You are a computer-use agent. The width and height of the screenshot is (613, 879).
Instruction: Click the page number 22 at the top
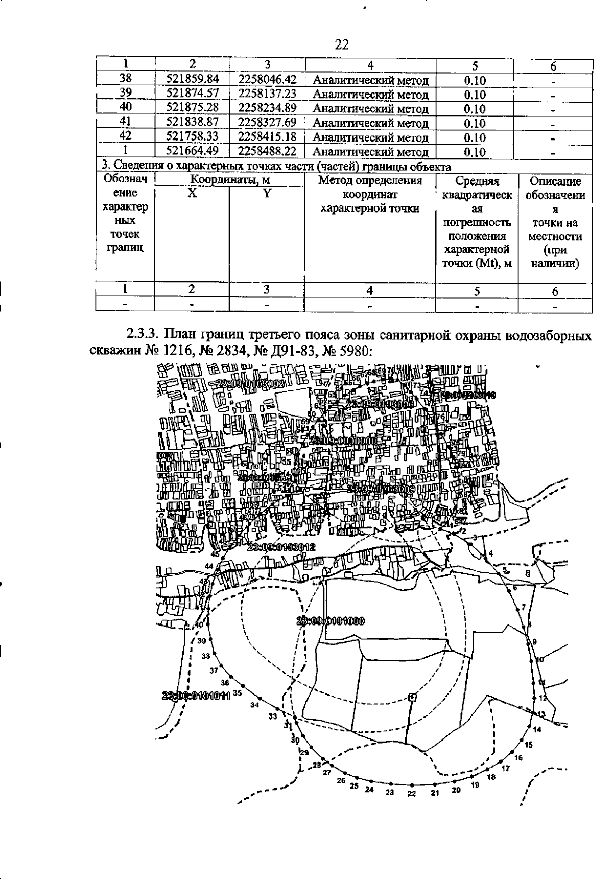pos(341,45)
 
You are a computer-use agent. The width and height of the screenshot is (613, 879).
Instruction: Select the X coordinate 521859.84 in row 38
pos(193,79)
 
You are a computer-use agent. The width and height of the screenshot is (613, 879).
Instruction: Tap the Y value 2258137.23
pos(267,94)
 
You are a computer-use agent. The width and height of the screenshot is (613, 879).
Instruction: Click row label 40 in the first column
pos(126,107)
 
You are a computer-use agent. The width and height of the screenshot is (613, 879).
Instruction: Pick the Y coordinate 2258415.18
pos(267,137)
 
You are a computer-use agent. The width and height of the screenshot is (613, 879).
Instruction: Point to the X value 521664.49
pos(193,151)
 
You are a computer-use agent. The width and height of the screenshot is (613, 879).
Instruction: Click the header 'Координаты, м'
pos(229,180)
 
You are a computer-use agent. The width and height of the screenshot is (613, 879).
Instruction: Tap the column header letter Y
pos(267,193)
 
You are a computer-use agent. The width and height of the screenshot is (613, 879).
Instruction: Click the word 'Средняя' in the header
pos(477,181)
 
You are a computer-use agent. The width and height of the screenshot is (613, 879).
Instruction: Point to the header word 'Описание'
pos(555,181)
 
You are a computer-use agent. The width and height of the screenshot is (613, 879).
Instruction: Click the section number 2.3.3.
pos(143,337)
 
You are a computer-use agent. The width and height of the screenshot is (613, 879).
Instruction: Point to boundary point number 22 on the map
pos(412,794)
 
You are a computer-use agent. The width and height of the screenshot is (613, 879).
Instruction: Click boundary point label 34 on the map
pos(255,705)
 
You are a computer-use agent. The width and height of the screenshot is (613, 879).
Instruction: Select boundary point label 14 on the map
pos(536,729)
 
